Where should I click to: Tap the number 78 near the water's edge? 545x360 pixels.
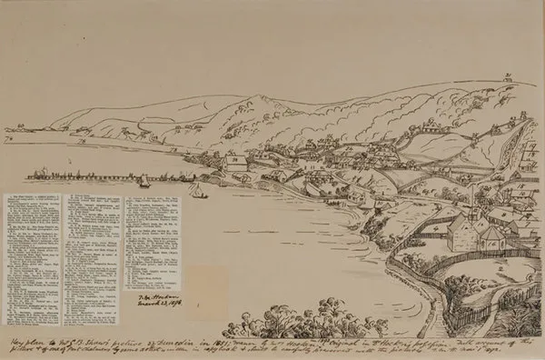coord(236,160)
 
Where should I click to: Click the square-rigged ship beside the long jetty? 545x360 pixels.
coord(144,180)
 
